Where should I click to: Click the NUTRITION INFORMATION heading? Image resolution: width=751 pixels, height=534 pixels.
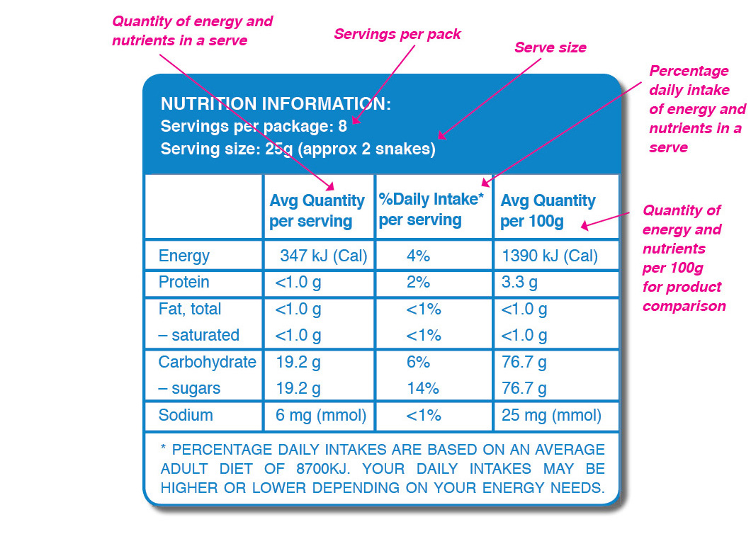coord(276,104)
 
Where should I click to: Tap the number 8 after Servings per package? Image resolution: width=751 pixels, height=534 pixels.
coord(343,127)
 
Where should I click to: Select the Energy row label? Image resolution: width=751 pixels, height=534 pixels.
coord(184,256)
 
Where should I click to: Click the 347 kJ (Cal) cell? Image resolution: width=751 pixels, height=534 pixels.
coord(323,256)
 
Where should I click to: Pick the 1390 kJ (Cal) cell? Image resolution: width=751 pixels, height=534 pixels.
coord(549,256)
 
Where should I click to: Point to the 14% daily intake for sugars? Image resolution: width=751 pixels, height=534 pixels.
coord(423,388)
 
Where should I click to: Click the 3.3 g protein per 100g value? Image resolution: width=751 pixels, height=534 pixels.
coord(519,282)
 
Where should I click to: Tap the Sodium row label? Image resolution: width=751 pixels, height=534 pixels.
coord(186,415)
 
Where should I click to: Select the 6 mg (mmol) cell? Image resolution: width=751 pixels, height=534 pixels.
coord(321,415)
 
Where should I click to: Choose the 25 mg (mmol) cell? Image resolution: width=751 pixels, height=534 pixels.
coord(551,415)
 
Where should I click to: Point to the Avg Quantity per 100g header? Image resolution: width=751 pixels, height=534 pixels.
coord(548,211)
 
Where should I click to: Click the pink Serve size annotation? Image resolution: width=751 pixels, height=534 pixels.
coord(550,48)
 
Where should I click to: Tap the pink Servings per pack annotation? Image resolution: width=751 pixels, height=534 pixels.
coord(397,34)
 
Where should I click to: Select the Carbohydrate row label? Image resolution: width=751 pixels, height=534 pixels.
coord(207,362)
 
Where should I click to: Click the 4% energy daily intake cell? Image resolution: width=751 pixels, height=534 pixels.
coord(419,256)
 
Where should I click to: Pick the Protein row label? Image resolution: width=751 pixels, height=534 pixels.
coord(184,282)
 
